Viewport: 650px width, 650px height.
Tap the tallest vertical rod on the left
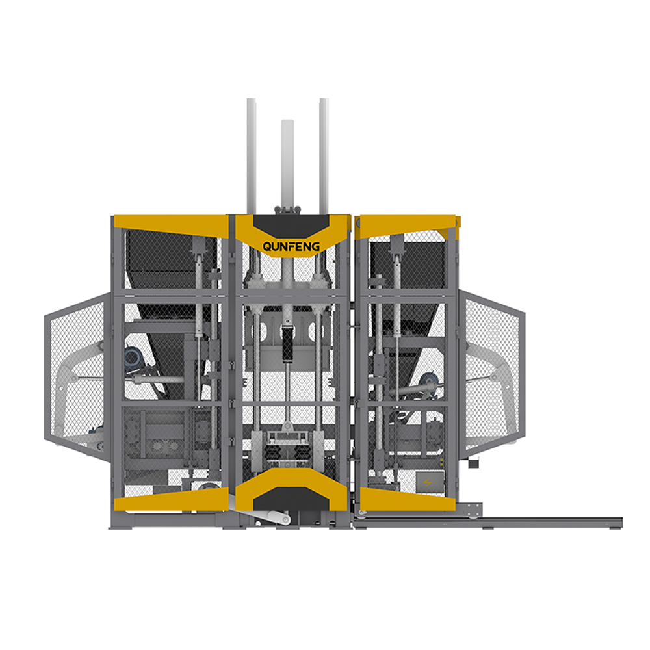[x=251, y=156]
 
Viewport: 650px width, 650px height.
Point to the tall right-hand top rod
[x=324, y=156]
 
